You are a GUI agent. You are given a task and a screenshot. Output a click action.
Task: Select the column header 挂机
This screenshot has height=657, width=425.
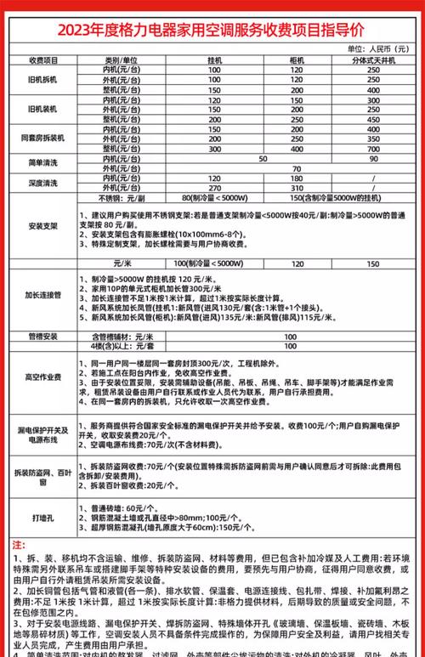click(x=214, y=60)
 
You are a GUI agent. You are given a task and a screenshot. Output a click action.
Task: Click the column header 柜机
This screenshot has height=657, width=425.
click(x=297, y=60)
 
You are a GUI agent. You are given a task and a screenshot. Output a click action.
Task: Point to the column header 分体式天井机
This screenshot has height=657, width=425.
click(x=374, y=60)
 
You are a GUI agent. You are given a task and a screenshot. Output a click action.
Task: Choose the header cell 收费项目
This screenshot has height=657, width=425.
click(x=42, y=60)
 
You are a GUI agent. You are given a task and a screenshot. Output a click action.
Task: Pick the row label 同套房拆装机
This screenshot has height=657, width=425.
click(x=42, y=137)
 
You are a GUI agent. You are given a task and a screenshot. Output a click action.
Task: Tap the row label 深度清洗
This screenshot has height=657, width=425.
click(x=42, y=184)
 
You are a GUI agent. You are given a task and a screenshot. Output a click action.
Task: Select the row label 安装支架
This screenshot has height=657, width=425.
click(x=42, y=226)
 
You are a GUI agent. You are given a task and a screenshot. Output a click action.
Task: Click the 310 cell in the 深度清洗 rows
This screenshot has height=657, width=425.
click(x=297, y=187)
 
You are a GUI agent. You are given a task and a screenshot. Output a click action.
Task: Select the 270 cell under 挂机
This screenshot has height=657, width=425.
click(x=214, y=187)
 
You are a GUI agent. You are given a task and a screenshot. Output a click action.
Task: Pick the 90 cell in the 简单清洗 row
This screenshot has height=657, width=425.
click(x=374, y=158)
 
